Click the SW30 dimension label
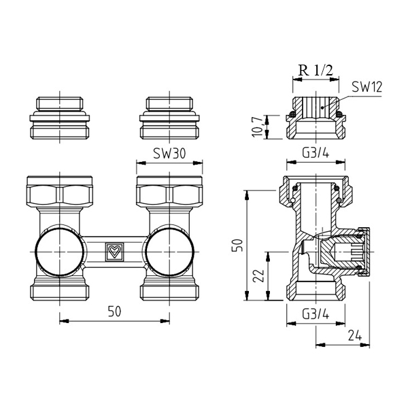(x=169, y=153)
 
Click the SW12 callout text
(x=367, y=87)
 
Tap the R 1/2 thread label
(x=316, y=70)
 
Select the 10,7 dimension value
(x=258, y=126)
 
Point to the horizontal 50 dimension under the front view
(x=114, y=311)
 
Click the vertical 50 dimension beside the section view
(x=238, y=245)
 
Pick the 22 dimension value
(x=258, y=276)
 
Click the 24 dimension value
(x=355, y=336)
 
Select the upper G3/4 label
(x=316, y=153)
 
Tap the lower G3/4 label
(x=316, y=315)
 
